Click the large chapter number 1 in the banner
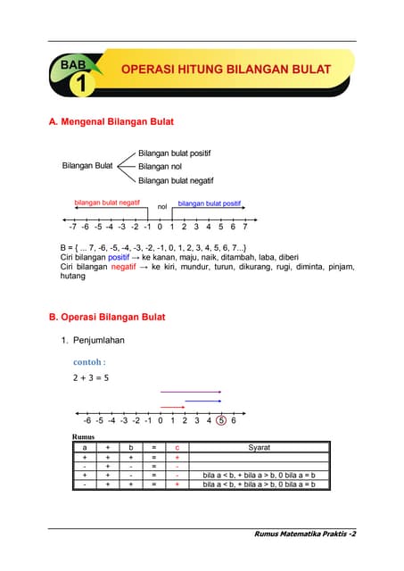pos(81,86)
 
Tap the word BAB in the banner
pos(78,65)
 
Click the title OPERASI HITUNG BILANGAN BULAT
pos(226,70)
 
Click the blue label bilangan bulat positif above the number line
pos(210,203)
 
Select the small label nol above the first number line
pos(161,207)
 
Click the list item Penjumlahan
pos(101,340)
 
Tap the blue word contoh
pos(89,362)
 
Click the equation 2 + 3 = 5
pos(91,378)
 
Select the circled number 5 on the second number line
pos(220,420)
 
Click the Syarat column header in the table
pos(260,447)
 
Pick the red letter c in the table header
pos(177,447)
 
